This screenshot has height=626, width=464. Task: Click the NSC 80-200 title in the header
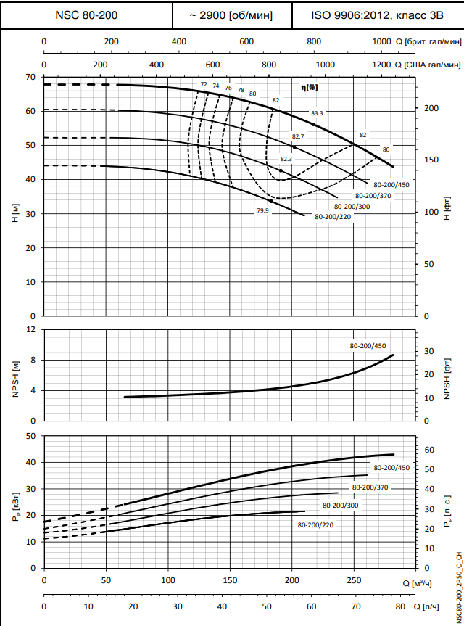[86, 15]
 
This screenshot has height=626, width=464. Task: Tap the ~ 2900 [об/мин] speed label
[231, 15]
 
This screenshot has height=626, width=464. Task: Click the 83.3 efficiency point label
[317, 113]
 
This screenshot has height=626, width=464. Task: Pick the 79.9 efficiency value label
[262, 210]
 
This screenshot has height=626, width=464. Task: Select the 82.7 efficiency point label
[298, 136]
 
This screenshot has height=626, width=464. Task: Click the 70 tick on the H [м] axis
[30, 77]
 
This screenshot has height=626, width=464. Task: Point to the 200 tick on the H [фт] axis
[432, 108]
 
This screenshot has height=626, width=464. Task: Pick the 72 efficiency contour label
[204, 85]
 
